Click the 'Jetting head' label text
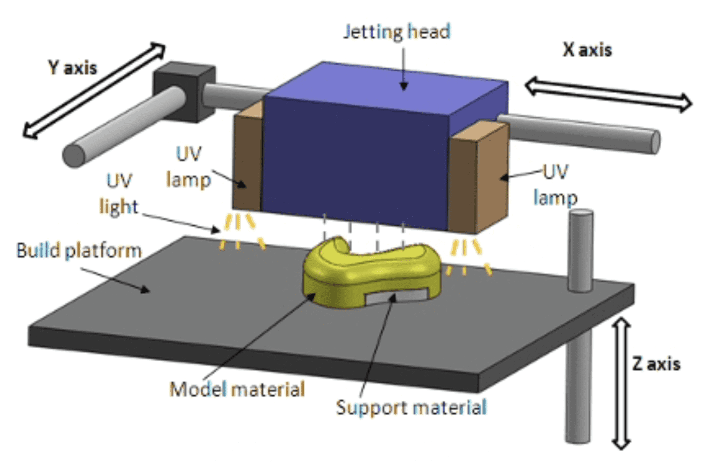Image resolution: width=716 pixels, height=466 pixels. (x=397, y=32)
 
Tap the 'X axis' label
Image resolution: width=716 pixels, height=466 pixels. (x=587, y=50)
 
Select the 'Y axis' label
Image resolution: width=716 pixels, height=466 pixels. (x=73, y=68)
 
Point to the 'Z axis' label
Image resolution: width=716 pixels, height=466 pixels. (x=656, y=364)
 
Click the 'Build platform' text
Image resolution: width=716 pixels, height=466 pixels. (x=79, y=250)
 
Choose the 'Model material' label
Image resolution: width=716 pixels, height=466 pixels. (x=237, y=389)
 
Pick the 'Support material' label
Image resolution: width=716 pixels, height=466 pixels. (x=411, y=407)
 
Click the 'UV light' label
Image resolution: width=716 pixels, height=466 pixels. (x=119, y=194)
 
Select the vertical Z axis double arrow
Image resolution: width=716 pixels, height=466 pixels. (x=621, y=383)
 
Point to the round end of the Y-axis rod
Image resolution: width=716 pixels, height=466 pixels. (x=74, y=156)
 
